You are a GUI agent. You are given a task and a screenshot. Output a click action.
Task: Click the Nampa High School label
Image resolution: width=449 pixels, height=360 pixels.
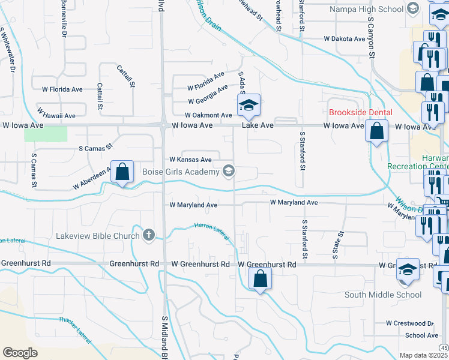tap(366, 9)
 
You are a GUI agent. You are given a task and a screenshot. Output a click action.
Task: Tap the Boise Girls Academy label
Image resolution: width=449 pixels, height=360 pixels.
tap(179, 172)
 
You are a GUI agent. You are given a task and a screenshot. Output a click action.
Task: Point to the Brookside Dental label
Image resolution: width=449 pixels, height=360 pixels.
tap(360, 112)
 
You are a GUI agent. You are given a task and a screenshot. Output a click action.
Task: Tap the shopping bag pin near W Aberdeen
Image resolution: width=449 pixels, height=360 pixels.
tap(122, 172)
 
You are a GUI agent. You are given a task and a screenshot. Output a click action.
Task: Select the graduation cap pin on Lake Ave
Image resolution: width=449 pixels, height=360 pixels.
tap(247, 106)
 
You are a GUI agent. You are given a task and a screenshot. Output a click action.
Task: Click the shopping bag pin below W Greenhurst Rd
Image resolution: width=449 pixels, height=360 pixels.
tap(260, 279)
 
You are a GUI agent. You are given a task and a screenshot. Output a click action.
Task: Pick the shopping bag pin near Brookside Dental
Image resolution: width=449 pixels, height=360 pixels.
tap(376, 131)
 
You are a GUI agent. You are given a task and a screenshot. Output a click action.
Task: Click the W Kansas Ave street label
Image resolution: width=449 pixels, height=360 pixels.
tap(190, 160)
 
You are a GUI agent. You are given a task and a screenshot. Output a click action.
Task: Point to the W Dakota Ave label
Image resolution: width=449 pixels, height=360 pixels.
tap(344, 39)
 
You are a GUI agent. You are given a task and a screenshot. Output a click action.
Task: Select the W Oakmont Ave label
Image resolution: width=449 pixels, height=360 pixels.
tap(208, 115)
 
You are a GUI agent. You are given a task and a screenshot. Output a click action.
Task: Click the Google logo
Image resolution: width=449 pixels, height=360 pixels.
tap(20, 353)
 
